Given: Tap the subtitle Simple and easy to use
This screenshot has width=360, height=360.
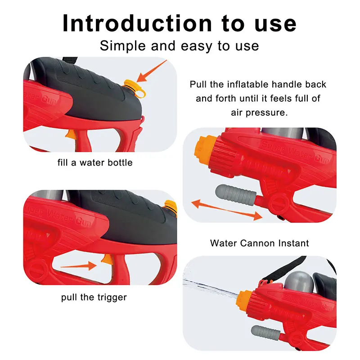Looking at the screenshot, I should point(179,45).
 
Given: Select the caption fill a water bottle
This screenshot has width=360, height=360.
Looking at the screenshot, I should point(95,162).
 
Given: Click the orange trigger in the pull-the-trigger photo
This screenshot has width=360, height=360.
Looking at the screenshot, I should point(106,260).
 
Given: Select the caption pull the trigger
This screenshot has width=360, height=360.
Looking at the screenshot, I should point(94,297).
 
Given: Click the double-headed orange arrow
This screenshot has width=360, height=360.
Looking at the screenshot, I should point(226,210).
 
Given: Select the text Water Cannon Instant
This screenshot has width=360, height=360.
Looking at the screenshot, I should point(259,243).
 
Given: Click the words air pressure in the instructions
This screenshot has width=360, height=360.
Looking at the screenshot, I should point(258,112).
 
